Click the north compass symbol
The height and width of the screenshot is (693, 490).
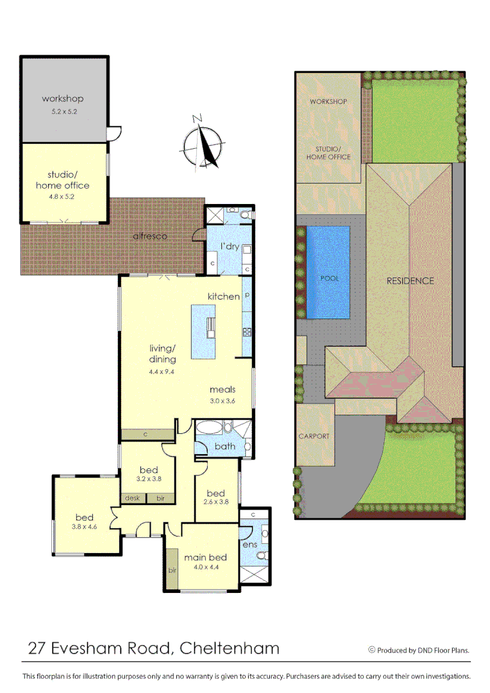[x=203, y=142]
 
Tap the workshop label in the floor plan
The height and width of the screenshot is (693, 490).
[x=63, y=99]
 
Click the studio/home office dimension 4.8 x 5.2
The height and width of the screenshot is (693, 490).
[x=63, y=197]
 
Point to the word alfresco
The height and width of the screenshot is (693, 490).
[x=150, y=236]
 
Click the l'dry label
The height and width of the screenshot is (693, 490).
[x=230, y=246]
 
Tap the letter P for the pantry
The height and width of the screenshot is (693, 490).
[x=246, y=296]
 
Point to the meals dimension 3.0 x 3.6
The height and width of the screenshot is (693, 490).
[x=222, y=401]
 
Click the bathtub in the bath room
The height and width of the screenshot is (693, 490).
[x=208, y=427]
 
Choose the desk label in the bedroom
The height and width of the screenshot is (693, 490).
[x=132, y=498]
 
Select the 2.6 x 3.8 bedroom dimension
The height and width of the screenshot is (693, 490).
[x=215, y=502]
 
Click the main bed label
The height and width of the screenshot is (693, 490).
[x=205, y=558]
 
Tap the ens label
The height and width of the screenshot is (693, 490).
[x=249, y=545]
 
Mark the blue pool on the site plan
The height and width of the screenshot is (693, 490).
[x=328, y=272]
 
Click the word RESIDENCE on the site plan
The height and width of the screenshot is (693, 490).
[x=410, y=281]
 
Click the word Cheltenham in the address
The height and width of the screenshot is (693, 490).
[x=230, y=648]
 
